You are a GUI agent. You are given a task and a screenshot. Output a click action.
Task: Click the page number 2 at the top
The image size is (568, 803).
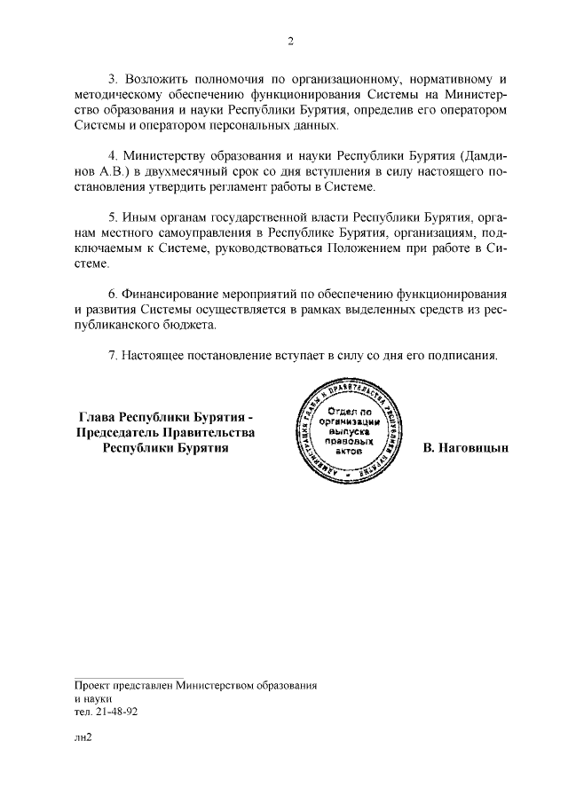[x=289, y=40]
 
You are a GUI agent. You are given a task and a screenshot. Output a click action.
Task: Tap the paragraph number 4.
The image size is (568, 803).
[x=111, y=155]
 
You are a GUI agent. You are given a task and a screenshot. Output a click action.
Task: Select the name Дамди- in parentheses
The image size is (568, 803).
[x=483, y=155]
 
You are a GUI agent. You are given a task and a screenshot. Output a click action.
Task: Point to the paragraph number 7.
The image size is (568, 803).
[x=111, y=355]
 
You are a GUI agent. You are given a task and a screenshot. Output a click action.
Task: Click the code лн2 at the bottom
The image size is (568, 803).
[x=84, y=738]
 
